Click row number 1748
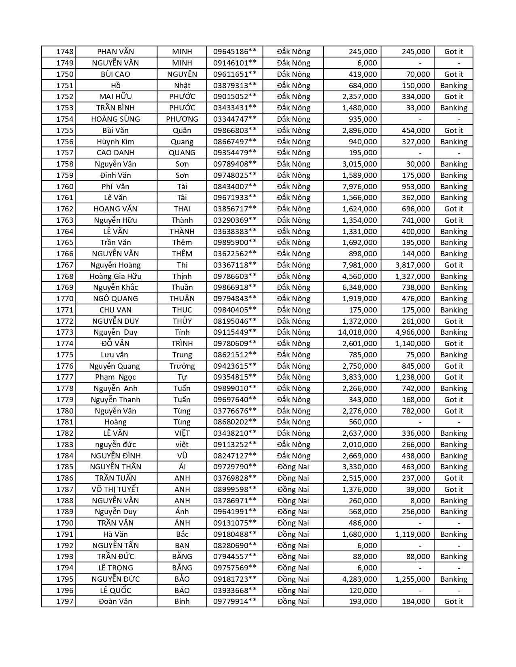65,52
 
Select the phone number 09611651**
235,74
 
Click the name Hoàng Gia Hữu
116,277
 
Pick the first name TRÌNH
182,344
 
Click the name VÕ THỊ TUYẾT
116,490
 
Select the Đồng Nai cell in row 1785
293,467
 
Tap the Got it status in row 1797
454,602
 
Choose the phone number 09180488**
235,534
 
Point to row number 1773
65,332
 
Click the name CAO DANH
116,153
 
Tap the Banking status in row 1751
454,86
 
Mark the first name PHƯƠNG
182,119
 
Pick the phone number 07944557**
235,557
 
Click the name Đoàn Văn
116,602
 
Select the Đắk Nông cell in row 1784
293,456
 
